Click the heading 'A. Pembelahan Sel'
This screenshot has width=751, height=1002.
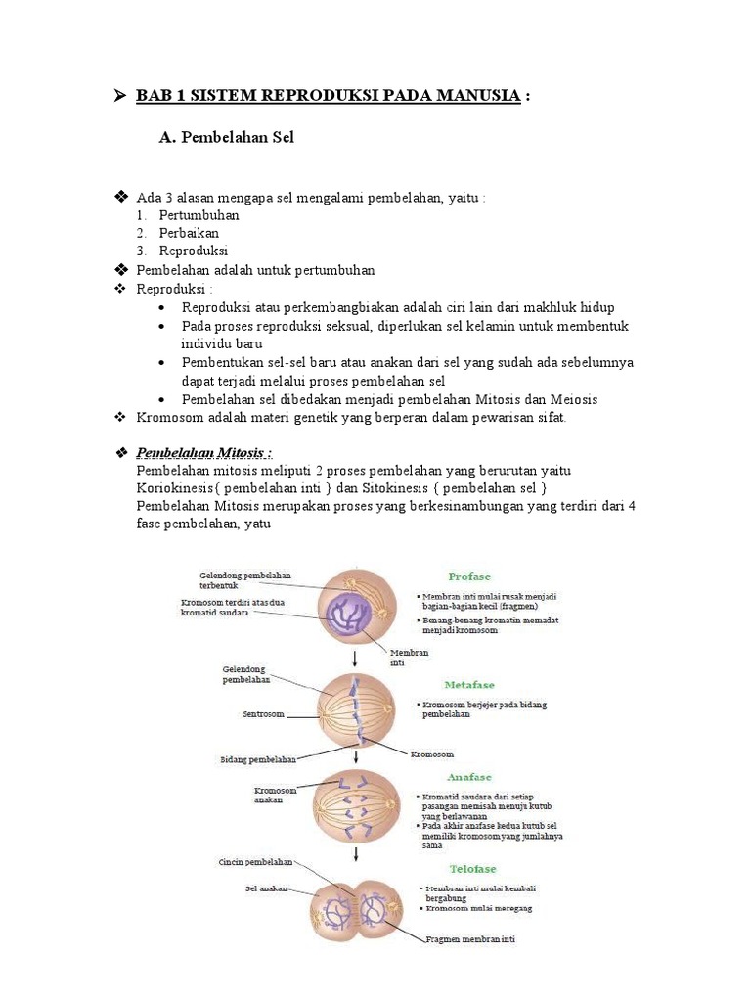(x=226, y=138)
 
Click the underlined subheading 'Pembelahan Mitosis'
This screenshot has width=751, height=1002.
(x=203, y=453)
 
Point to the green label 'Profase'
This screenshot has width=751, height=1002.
(x=469, y=577)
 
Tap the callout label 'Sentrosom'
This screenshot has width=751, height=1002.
(x=263, y=714)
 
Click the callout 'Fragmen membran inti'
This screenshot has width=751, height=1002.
(x=470, y=939)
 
